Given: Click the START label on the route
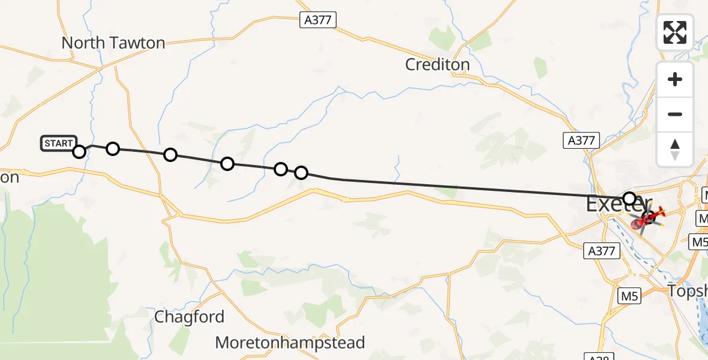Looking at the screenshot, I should coord(58,143).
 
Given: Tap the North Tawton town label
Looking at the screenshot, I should coord(113,43).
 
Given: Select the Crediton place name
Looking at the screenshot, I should coord(437,64).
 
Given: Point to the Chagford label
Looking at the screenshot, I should coord(190,317).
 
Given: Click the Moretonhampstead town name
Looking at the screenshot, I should coord(290,343).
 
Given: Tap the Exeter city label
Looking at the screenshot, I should coord(618,205).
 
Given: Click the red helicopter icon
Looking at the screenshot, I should coord(651,215).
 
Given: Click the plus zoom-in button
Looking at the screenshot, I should coord(675,79).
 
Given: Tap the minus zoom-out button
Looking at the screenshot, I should coord(675,115).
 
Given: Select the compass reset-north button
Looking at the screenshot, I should coord(675,149).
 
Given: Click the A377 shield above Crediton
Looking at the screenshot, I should coord(318,20).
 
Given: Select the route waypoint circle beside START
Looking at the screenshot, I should coord(79,151).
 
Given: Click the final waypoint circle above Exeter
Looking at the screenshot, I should coord(629,198).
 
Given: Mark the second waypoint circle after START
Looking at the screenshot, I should coord(113,149).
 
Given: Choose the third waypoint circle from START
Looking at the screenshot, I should coord(170,155).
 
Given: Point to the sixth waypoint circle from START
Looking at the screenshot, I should coord(301,173).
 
